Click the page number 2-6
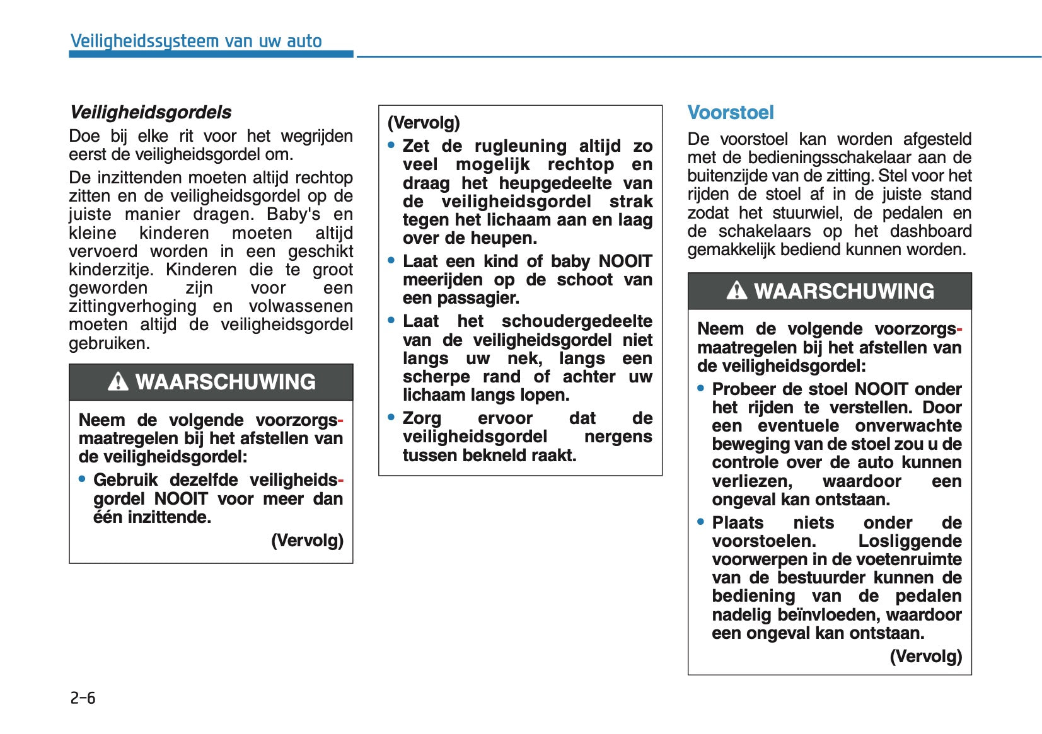point(83,697)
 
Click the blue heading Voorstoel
point(730,113)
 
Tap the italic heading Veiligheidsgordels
point(150,112)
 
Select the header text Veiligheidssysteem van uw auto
point(196,42)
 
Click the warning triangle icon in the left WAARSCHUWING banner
point(118,382)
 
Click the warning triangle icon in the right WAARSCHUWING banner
point(736,291)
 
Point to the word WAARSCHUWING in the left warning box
point(225,382)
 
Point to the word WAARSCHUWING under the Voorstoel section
point(844,291)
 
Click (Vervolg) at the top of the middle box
point(424,122)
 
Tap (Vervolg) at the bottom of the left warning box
point(307,540)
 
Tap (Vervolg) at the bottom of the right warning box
point(925,656)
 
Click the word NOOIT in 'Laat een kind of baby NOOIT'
point(625,261)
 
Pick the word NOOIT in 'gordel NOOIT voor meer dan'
point(181,498)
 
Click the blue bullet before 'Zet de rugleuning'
point(391,146)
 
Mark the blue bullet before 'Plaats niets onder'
point(701,522)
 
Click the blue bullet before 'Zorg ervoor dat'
point(391,418)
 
